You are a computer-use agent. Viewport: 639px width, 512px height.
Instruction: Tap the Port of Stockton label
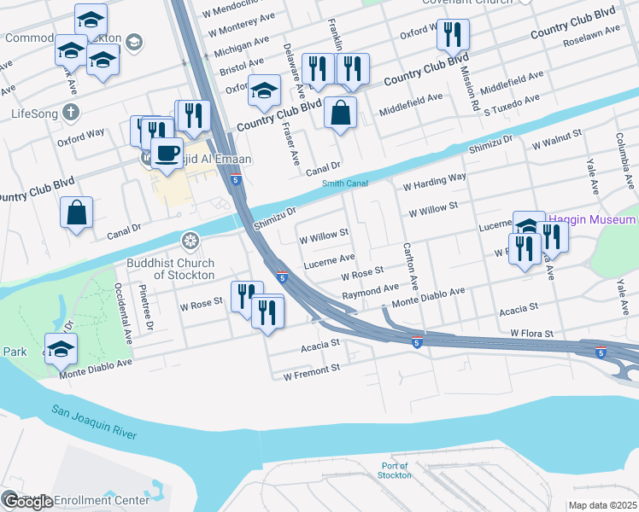point(395,471)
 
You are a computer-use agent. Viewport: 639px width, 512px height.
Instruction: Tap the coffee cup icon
point(167,154)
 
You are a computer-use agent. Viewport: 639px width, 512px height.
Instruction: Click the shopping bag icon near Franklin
point(340,113)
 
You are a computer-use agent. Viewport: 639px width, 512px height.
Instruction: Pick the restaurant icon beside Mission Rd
point(452,35)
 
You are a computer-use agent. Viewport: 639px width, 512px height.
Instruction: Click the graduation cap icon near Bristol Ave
point(265,90)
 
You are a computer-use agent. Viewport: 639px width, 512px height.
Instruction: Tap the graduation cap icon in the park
point(62,349)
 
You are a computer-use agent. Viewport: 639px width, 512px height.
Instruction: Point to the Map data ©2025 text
point(602,505)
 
